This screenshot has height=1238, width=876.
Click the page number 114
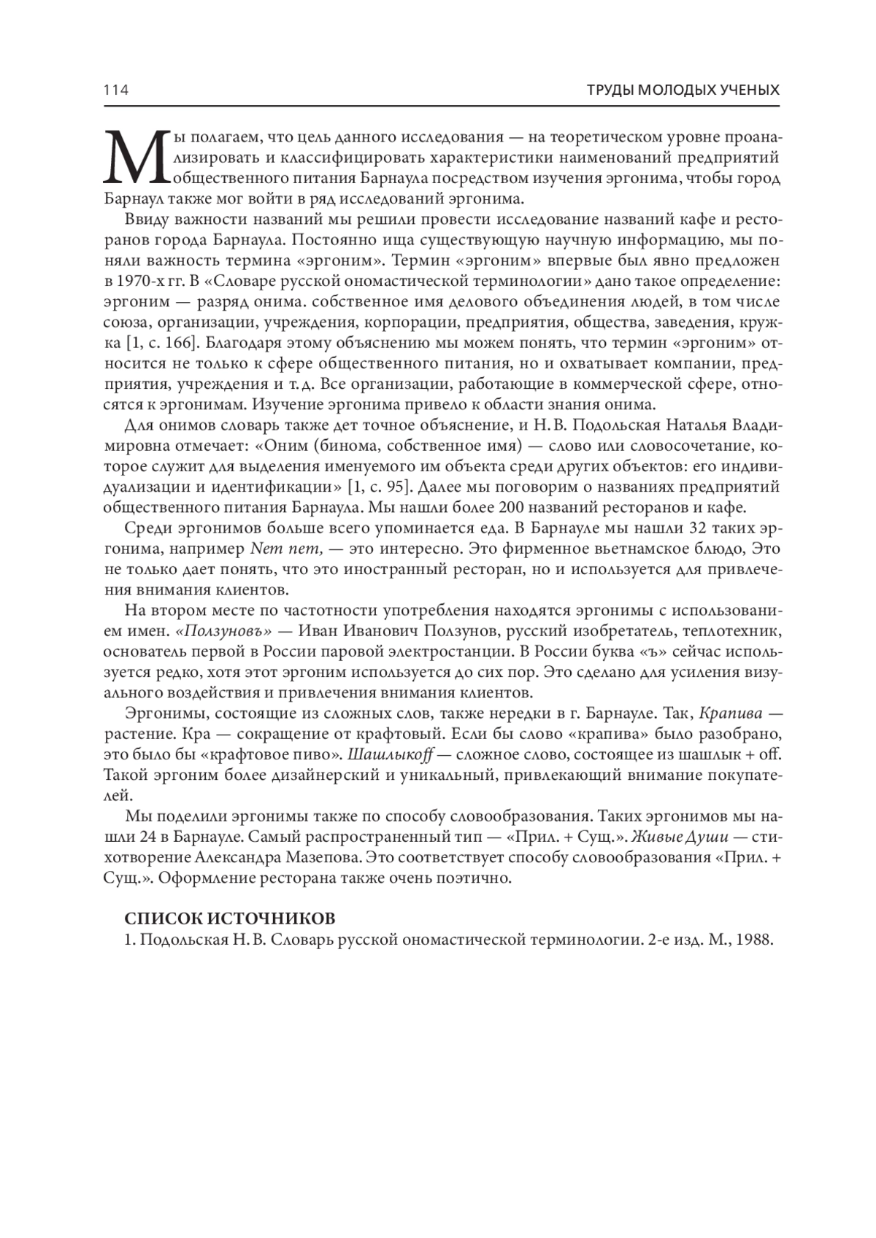coord(116,90)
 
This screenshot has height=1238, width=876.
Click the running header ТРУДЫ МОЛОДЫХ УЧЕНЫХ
coord(683,90)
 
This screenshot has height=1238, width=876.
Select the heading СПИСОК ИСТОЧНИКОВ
coord(230,918)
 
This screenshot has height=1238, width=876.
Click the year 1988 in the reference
coord(754,940)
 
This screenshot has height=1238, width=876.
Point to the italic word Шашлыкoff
coord(390,753)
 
